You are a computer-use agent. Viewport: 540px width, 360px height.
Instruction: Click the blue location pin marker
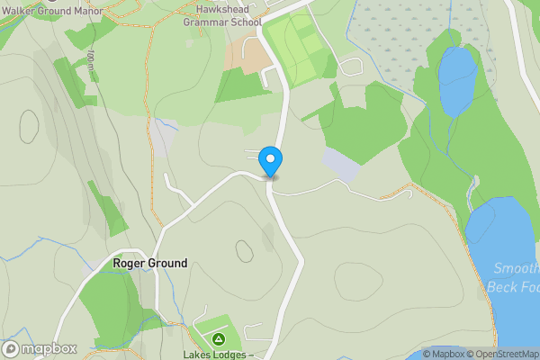point(270,161)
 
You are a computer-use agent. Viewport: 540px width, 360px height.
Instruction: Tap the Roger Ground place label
point(150,264)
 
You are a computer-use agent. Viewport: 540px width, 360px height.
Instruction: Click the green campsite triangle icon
point(218,339)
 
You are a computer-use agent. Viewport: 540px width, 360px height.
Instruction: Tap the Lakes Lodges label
point(216,355)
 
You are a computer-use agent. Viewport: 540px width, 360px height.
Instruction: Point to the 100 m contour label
point(91,61)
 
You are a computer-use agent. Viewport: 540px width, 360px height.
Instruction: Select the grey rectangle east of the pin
point(341,164)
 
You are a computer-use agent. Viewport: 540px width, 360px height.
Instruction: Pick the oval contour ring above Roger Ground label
point(244,249)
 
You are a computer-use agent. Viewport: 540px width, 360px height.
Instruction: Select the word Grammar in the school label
point(202,22)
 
